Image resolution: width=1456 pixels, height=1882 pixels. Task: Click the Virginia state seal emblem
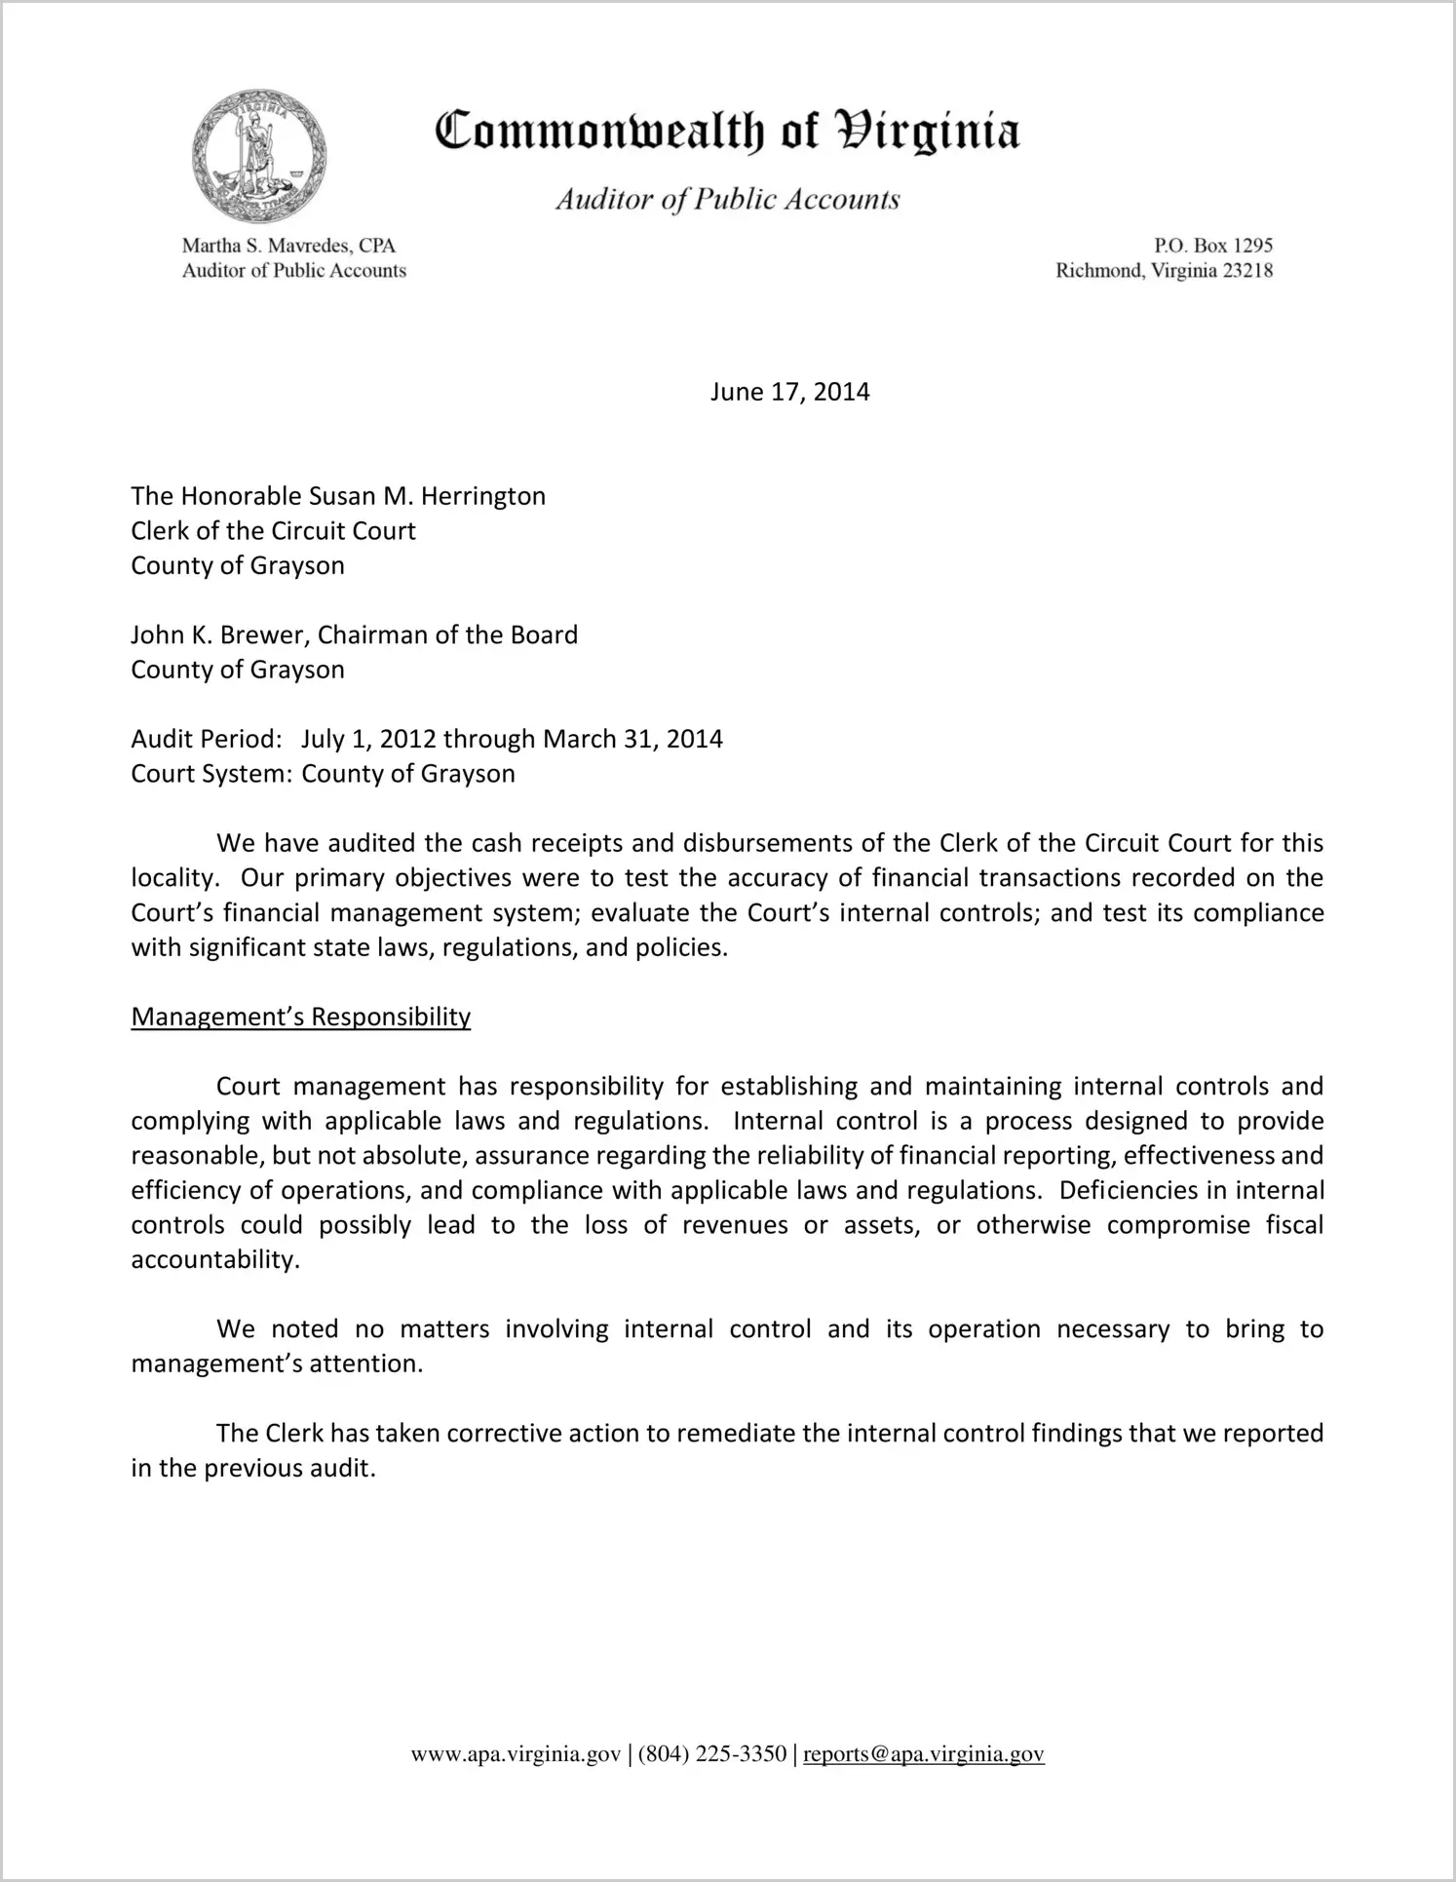click(x=258, y=156)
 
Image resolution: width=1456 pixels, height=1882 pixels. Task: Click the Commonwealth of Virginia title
click(x=727, y=132)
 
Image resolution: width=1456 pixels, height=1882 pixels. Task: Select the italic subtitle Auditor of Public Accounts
click(x=727, y=200)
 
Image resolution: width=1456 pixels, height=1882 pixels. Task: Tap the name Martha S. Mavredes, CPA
click(x=288, y=246)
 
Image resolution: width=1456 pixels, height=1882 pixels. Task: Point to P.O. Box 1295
click(x=1213, y=246)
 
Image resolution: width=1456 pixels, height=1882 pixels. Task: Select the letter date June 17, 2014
click(x=789, y=392)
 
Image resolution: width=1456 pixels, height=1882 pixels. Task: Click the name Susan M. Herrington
click(x=427, y=496)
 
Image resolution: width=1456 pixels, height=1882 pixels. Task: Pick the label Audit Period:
click(x=207, y=739)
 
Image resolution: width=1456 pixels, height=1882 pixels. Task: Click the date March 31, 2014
click(x=632, y=739)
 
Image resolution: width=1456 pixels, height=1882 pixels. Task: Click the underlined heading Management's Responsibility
click(x=300, y=1017)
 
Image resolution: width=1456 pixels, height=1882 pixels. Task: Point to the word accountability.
click(x=214, y=1259)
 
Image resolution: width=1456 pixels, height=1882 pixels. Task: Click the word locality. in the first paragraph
click(x=172, y=878)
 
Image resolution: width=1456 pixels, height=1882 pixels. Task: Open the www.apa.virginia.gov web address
click(x=516, y=1754)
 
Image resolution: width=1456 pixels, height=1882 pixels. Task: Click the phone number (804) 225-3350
click(x=712, y=1754)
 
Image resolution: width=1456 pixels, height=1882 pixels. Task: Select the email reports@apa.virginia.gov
click(x=923, y=1754)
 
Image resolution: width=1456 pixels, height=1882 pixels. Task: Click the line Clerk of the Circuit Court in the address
click(x=273, y=531)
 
